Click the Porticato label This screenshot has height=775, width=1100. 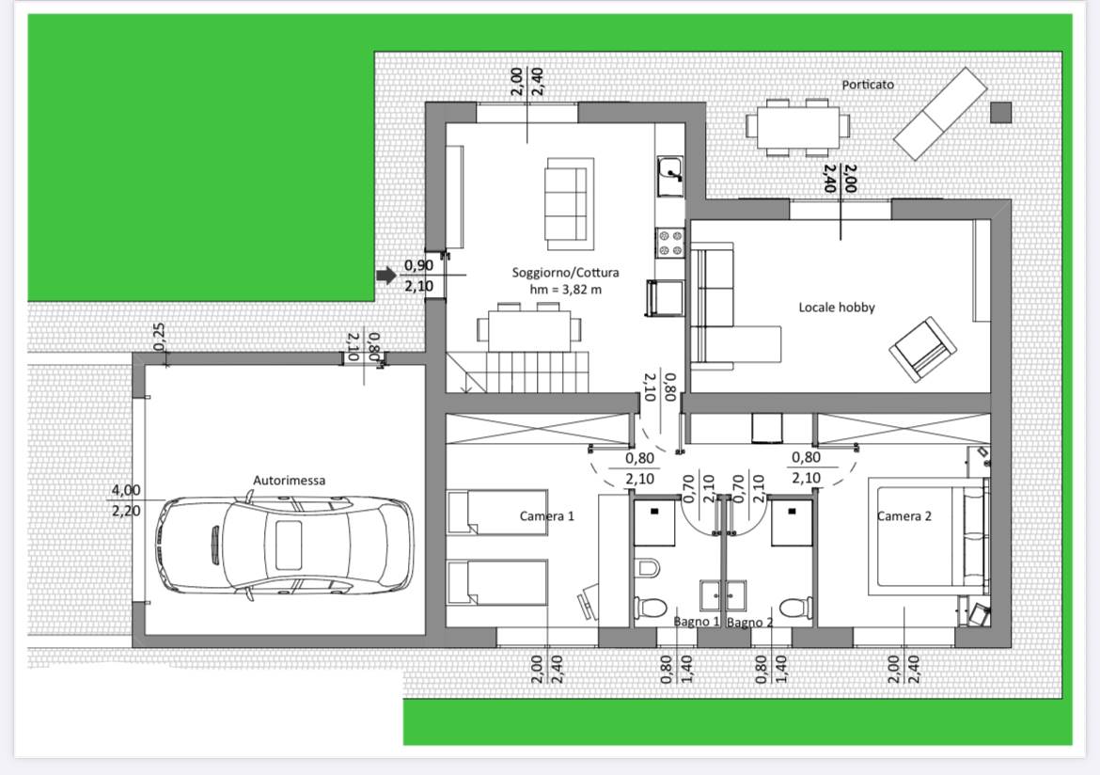868,85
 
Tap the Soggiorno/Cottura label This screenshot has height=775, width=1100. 565,273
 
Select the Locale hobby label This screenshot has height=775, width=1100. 837,307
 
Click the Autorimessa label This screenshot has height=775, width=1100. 289,481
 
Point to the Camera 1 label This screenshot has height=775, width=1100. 546,516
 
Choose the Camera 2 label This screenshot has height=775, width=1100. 904,516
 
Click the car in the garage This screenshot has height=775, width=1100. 283,545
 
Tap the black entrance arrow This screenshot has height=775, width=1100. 386,276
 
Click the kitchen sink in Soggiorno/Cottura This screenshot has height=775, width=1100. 670,176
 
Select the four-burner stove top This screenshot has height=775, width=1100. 669,243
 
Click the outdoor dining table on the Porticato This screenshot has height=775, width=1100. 797,127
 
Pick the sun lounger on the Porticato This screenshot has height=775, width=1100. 940,114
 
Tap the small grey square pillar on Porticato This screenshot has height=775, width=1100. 1001,112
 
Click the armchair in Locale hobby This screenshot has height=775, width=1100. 922,349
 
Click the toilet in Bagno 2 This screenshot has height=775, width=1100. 795,608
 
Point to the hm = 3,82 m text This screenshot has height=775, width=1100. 565,290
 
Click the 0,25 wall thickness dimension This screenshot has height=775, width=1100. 159,337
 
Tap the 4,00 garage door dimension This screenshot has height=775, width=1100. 126,490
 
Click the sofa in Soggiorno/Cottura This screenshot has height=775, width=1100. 570,203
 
